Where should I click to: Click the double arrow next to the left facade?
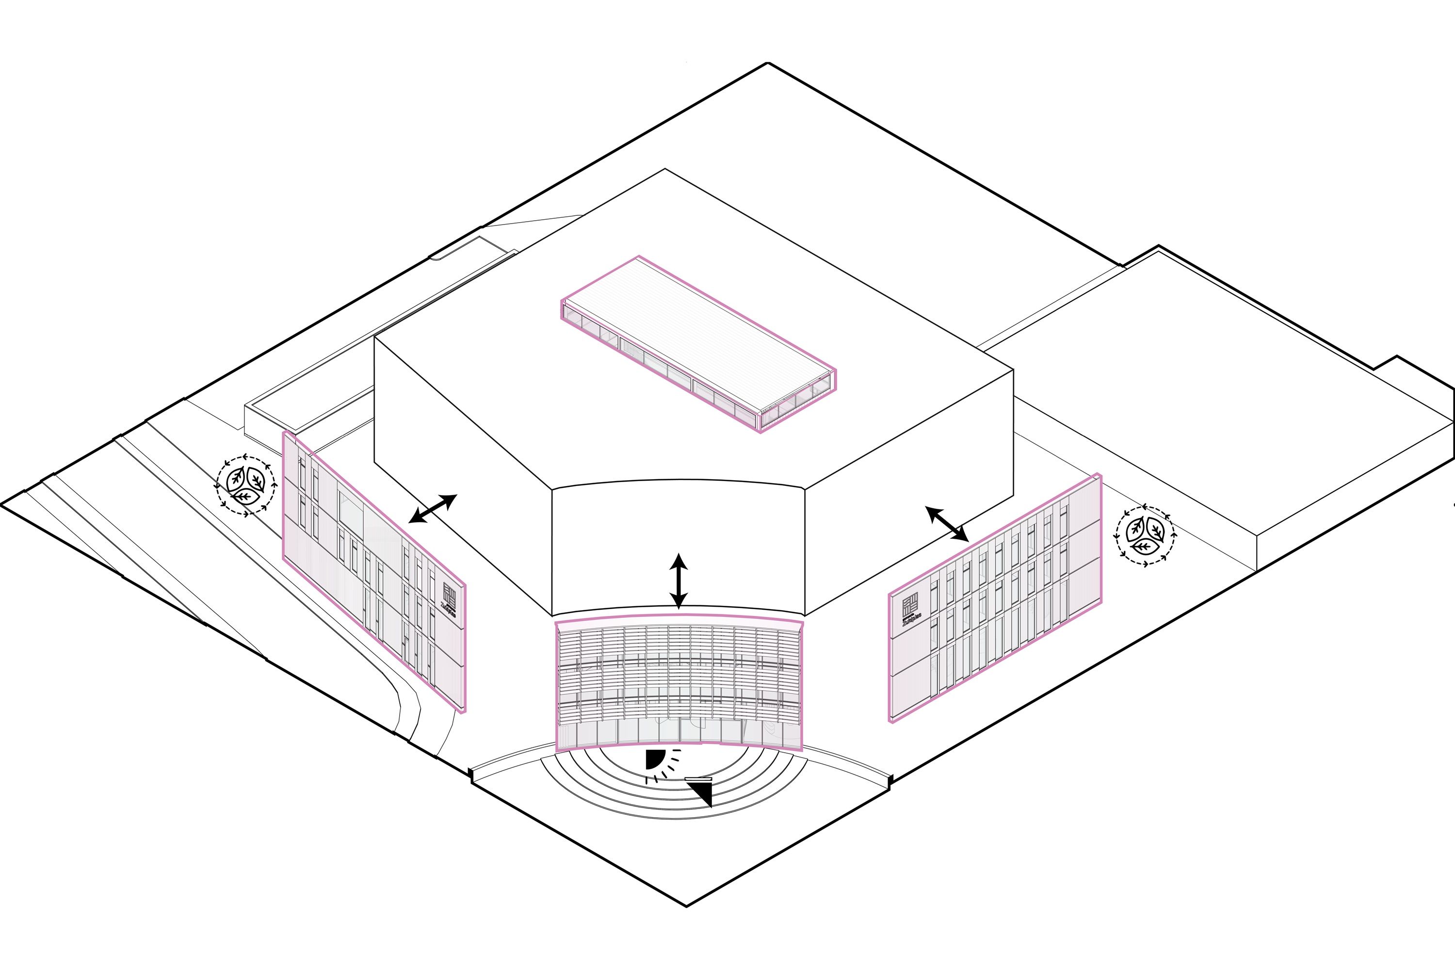click(x=433, y=508)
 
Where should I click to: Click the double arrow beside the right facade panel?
click(x=947, y=524)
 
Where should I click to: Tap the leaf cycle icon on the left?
click(x=246, y=485)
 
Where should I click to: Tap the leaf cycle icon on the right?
click(x=1145, y=536)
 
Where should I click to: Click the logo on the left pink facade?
click(x=450, y=599)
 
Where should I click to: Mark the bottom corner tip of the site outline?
click(x=686, y=907)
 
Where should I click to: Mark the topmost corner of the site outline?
click(x=768, y=63)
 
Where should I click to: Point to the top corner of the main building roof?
click(x=665, y=169)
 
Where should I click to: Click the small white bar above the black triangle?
click(x=698, y=778)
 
